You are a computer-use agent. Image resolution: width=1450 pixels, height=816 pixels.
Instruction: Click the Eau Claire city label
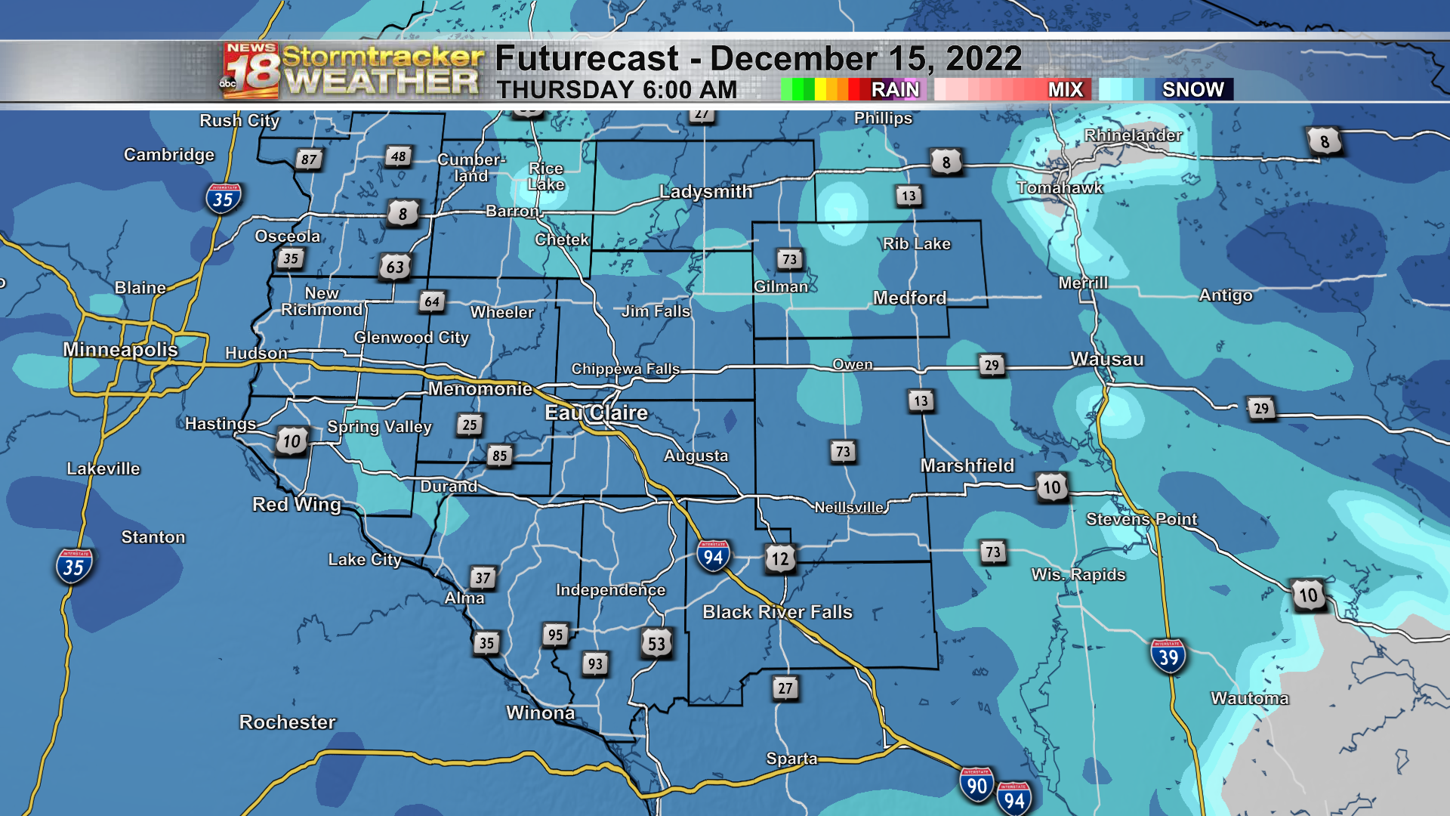596,413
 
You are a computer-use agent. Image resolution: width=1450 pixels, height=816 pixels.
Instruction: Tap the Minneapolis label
120,349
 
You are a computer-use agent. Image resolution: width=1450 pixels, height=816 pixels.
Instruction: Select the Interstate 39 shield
1168,657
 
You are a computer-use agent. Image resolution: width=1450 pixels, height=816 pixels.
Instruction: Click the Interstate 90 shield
976,785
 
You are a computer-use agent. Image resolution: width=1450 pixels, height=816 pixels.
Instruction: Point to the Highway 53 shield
656,643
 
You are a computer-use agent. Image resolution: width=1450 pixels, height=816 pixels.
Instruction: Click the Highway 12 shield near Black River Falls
780,558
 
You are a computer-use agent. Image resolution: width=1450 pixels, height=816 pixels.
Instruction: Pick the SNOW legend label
1192,89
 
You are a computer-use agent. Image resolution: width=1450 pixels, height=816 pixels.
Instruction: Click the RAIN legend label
895,89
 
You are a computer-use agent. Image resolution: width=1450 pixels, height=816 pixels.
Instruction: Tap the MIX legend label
1065,89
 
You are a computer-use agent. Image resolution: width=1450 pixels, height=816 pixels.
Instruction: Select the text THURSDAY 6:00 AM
617,89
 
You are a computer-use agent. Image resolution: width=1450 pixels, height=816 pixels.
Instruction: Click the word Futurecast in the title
587,58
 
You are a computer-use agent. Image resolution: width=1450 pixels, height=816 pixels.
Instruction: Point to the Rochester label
287,722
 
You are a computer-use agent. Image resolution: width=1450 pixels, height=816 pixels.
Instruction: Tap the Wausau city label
1106,359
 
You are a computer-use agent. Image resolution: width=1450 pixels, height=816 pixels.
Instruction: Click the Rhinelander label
1133,135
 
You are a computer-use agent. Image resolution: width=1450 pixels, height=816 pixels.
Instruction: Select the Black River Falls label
777,611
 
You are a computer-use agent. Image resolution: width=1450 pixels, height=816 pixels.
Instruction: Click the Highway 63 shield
395,267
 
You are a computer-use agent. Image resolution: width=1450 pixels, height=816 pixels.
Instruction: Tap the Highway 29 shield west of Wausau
992,365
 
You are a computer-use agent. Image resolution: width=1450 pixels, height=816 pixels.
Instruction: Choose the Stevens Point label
1141,519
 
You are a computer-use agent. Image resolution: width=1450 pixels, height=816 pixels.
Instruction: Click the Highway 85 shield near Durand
499,456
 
